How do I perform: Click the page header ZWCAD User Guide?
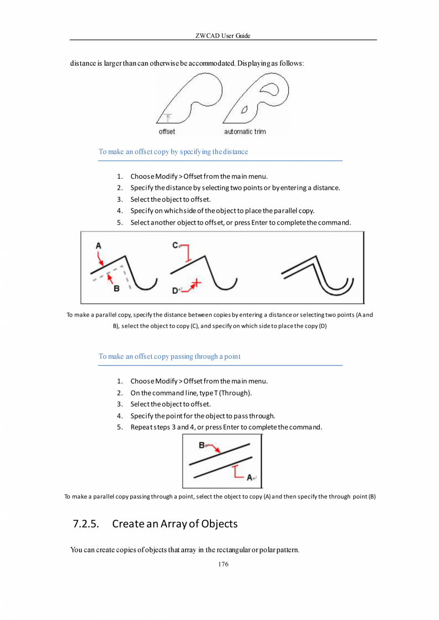pyautogui.click(x=223, y=36)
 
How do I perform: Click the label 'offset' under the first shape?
pyautogui.click(x=167, y=131)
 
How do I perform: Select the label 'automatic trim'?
pyautogui.click(x=245, y=131)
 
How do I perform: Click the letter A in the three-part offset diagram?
pyautogui.click(x=98, y=246)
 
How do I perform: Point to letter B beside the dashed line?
pyautogui.click(x=116, y=288)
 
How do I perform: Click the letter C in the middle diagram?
pyautogui.click(x=175, y=245)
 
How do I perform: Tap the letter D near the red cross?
pyautogui.click(x=175, y=290)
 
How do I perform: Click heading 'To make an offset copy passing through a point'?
pyautogui.click(x=169, y=356)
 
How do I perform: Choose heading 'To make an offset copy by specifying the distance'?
pyautogui.click(x=173, y=152)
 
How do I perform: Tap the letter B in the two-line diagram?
pyautogui.click(x=201, y=445)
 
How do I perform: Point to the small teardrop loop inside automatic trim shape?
pyautogui.click(x=244, y=110)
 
